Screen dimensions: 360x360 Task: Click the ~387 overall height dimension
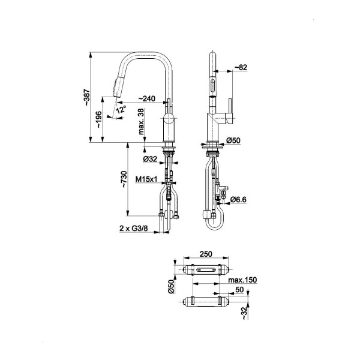tap(87, 97)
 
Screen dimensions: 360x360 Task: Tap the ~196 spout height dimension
tap(99, 119)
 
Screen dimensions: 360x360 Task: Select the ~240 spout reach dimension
tap(147, 98)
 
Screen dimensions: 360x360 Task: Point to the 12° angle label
tap(121, 109)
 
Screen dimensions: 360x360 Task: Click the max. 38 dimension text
tap(142, 121)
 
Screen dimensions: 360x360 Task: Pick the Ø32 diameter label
tap(150, 159)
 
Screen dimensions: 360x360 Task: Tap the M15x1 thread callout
tap(146, 179)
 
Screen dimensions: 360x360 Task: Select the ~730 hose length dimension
tap(124, 179)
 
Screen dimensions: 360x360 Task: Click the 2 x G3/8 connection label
tap(134, 229)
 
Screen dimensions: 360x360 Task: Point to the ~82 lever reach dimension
tap(241, 67)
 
